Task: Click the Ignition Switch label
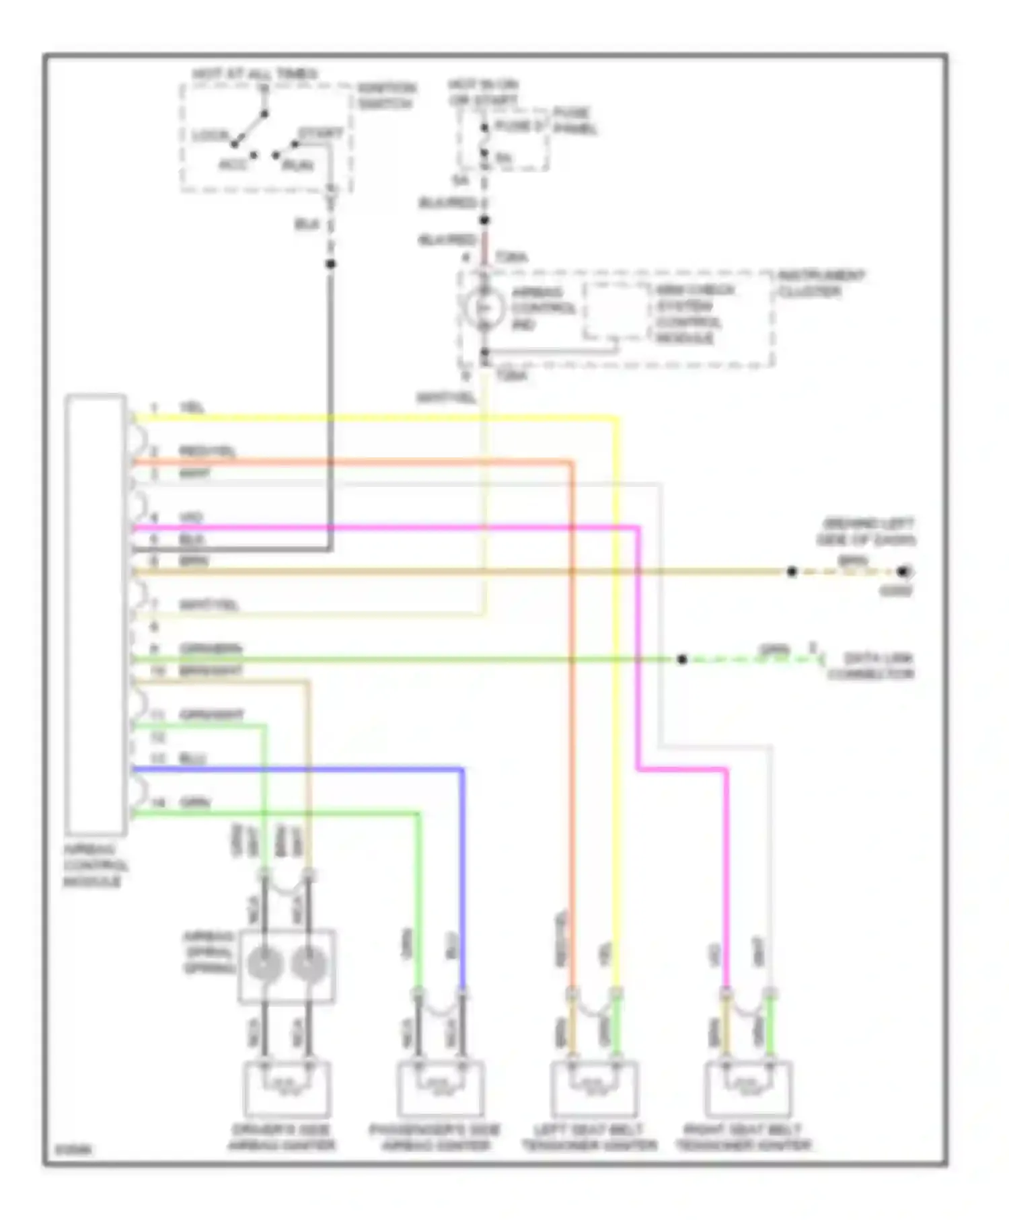(x=385, y=96)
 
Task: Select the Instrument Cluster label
(x=820, y=283)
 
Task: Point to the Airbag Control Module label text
(x=95, y=865)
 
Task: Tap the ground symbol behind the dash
(x=904, y=572)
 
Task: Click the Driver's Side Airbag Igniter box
(x=286, y=1089)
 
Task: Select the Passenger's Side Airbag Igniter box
(x=440, y=1089)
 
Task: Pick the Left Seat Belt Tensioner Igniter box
(x=593, y=1089)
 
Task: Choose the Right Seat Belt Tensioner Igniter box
(x=748, y=1089)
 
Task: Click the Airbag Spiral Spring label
(x=209, y=952)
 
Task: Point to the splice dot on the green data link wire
(x=681, y=659)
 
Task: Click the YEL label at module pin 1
(x=192, y=408)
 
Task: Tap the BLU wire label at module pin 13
(x=192, y=759)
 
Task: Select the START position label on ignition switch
(x=321, y=133)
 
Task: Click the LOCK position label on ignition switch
(x=211, y=135)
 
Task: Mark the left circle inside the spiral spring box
(x=264, y=965)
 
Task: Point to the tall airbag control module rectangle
(x=96, y=614)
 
